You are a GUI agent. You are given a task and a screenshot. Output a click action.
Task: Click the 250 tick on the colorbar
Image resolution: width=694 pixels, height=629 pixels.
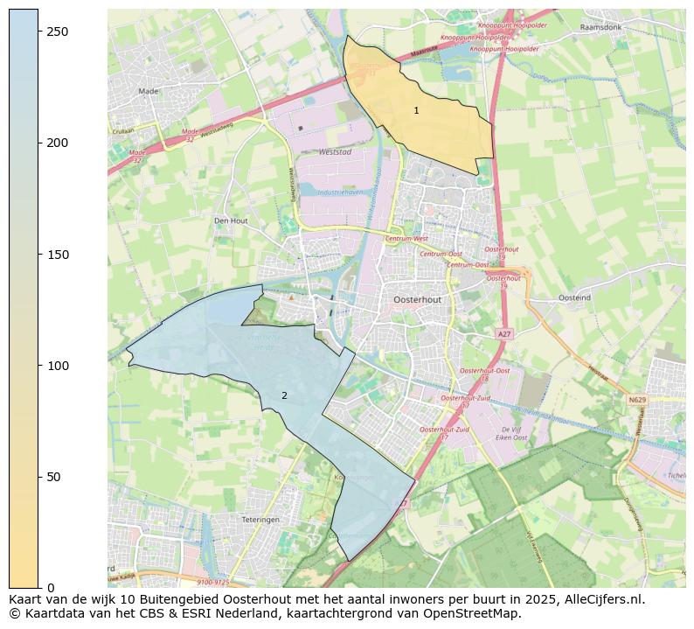tap(39, 31)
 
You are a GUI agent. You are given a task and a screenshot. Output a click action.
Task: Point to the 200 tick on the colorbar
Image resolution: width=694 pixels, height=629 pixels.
tap(39, 143)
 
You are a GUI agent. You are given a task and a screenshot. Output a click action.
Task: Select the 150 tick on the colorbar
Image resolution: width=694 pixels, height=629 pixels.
tap(39, 255)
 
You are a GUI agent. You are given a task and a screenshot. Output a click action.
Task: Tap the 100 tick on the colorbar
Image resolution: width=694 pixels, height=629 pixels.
tap(39, 366)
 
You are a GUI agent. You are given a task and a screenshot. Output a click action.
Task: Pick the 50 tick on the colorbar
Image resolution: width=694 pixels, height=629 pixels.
tap(39, 477)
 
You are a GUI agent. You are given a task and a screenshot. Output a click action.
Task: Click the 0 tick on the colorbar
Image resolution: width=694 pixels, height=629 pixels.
tap(39, 588)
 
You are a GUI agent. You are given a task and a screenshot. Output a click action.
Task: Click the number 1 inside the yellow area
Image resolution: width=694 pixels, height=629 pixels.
tap(416, 110)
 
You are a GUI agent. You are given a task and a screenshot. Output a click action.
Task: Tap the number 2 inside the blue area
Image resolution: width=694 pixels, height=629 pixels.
tap(284, 396)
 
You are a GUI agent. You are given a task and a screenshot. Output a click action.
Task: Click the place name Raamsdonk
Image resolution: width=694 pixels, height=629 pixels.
tap(600, 27)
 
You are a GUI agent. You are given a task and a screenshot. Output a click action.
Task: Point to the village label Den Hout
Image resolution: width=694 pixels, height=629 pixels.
tap(231, 220)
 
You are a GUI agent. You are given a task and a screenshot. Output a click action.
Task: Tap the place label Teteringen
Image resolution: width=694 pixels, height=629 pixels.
tap(260, 519)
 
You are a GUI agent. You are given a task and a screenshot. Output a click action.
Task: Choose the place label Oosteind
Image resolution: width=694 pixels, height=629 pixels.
tap(574, 297)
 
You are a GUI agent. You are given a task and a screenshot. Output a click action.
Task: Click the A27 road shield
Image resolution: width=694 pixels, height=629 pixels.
tap(503, 334)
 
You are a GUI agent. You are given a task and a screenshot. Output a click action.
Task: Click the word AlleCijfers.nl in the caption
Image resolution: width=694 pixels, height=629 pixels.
tap(601, 599)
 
